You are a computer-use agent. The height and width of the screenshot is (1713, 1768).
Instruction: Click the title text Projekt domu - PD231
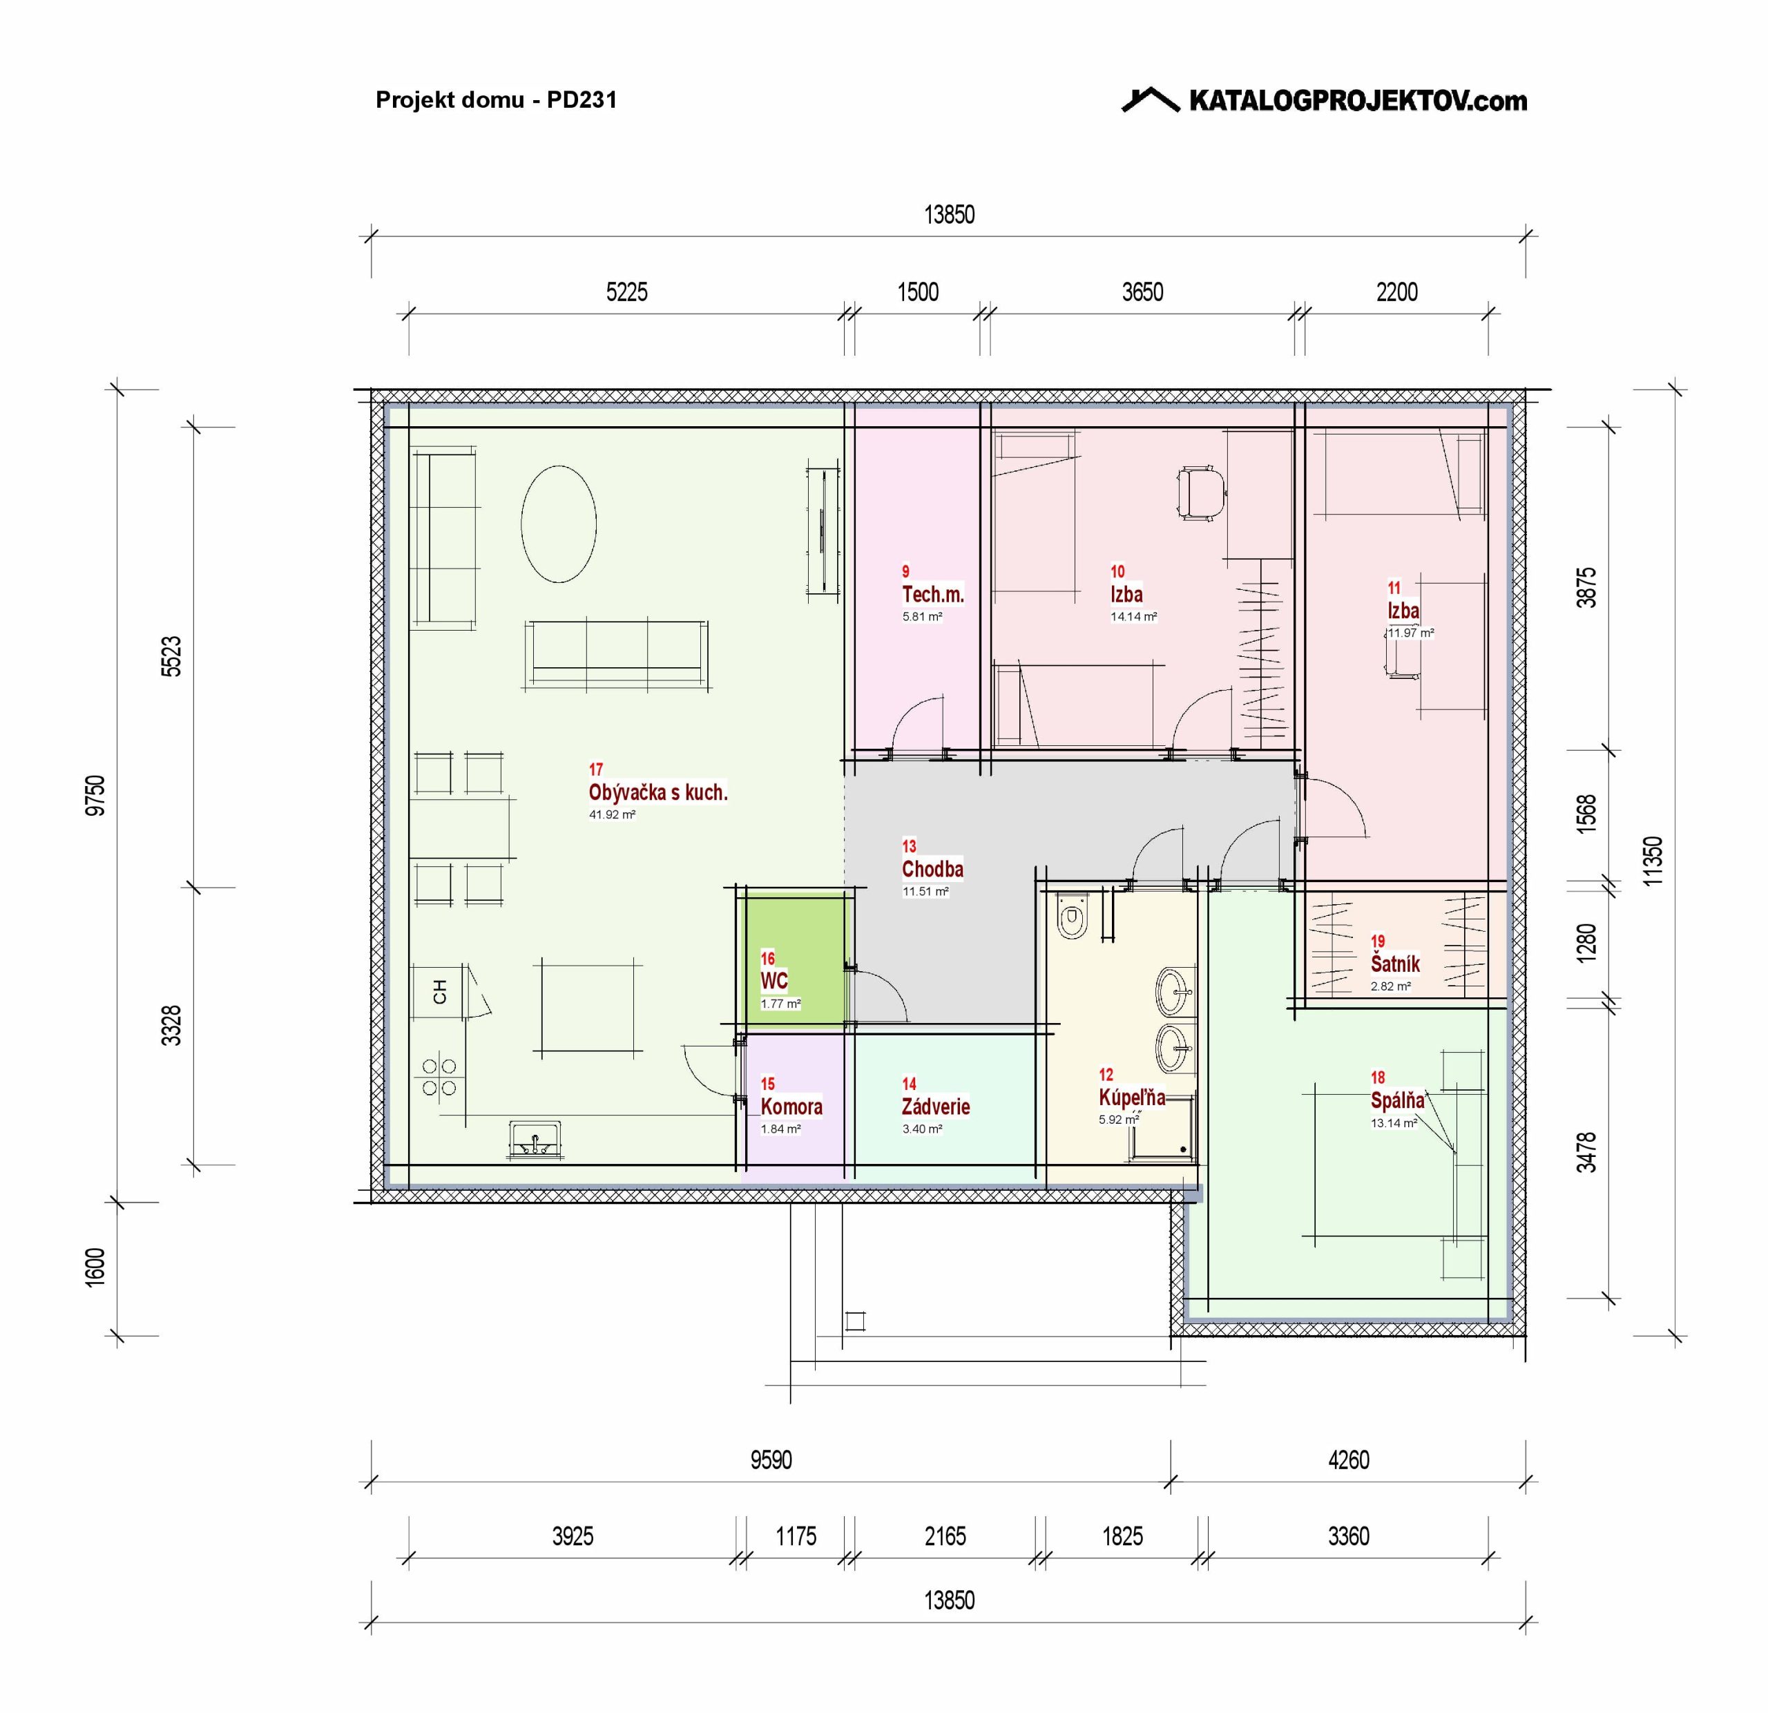(496, 99)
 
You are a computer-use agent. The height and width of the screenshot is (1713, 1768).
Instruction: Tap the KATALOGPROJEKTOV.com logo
(1324, 99)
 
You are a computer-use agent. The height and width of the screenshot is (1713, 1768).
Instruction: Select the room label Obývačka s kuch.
(657, 793)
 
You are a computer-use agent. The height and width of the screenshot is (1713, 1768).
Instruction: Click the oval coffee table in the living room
(558, 523)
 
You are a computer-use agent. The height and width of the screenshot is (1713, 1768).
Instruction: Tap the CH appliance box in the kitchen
(439, 991)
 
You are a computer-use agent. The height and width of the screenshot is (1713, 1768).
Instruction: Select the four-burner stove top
(439, 1076)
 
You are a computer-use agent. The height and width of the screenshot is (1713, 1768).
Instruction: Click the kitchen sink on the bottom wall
(535, 1141)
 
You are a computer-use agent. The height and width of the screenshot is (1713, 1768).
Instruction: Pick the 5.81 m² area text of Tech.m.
(922, 617)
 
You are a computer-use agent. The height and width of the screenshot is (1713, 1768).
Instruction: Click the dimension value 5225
(627, 292)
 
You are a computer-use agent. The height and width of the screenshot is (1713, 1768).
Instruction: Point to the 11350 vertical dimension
(1653, 861)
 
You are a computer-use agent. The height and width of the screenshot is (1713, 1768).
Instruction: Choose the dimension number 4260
(1349, 1460)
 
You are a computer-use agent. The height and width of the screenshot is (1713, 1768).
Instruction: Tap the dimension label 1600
(95, 1267)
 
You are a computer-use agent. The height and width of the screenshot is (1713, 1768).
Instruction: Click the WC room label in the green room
(774, 982)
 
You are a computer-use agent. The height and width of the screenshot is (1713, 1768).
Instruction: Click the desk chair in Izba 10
(1200, 492)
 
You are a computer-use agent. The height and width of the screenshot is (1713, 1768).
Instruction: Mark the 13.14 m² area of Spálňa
(1394, 1123)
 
